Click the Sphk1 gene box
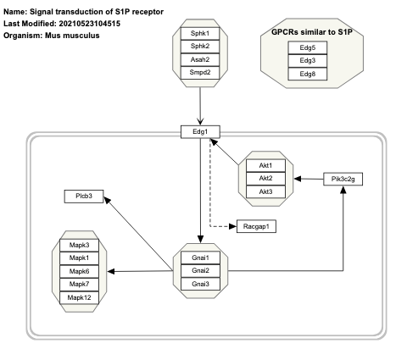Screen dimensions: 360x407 coord(200,33)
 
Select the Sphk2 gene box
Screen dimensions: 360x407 coord(200,47)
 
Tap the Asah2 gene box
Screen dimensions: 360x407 coord(200,60)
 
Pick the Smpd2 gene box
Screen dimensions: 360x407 coord(200,74)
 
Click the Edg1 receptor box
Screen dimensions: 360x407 coord(200,130)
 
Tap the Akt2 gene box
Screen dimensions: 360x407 coord(265,179)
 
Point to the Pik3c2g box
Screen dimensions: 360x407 coord(343,179)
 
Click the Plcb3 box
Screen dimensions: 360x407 coord(84,197)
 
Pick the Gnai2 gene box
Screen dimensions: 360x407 coord(200,270)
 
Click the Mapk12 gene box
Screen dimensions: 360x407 coord(84,298)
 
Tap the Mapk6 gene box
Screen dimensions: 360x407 coord(84,271)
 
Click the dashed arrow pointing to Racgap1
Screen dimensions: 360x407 coord(212,195)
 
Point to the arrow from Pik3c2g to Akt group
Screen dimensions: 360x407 coord(309,179)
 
